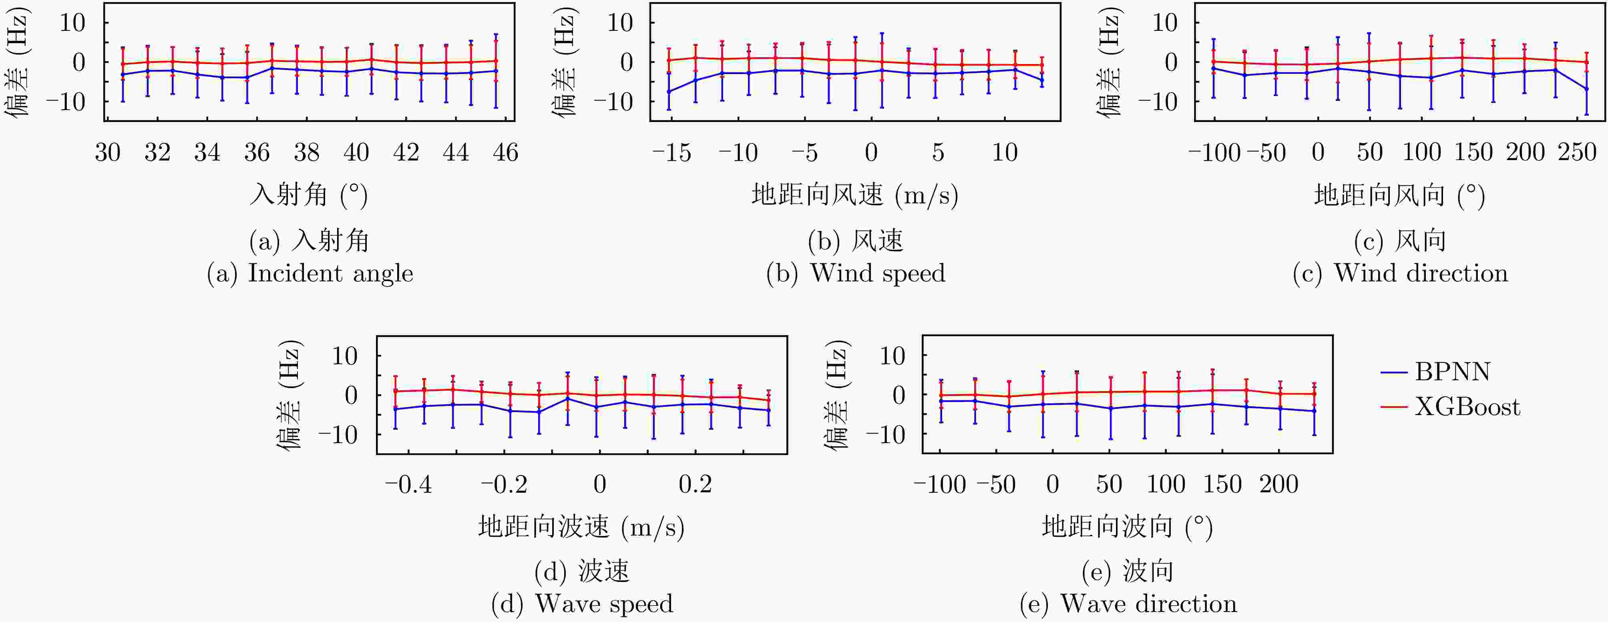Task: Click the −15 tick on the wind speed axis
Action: (x=671, y=152)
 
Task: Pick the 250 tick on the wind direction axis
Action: (x=1577, y=152)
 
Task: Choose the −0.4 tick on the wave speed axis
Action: (x=408, y=484)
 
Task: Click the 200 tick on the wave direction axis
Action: (x=1279, y=484)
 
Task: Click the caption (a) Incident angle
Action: (x=310, y=273)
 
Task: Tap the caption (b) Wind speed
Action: (x=855, y=273)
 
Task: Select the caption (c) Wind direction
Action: (x=1400, y=273)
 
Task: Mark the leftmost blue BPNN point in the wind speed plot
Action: (x=669, y=92)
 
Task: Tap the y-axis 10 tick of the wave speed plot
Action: (x=345, y=356)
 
